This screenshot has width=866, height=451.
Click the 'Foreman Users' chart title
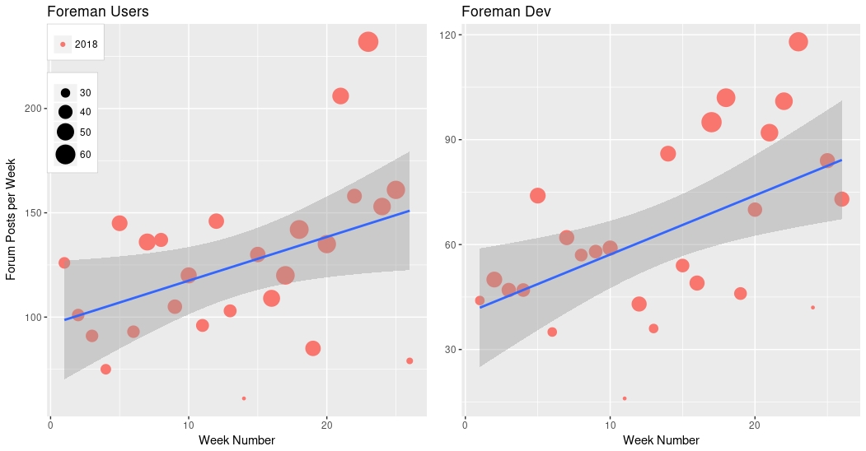(98, 12)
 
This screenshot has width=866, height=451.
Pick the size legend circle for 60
(65, 154)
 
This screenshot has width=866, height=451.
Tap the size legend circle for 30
(65, 93)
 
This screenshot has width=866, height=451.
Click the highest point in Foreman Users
(368, 42)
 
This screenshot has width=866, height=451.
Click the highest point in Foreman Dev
(798, 42)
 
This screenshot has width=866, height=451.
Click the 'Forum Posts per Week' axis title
(12, 219)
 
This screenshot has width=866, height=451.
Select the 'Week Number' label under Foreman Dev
(660, 440)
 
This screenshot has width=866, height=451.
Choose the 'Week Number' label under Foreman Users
(236, 440)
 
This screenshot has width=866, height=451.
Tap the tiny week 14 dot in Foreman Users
(244, 398)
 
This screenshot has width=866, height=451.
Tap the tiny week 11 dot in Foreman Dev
(625, 398)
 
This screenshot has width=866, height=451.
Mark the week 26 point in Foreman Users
(410, 360)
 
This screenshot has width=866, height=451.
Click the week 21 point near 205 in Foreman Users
(340, 96)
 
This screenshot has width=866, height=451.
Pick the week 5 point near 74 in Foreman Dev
(538, 196)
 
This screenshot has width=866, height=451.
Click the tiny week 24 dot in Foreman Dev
(812, 308)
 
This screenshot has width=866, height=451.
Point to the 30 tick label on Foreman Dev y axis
(451, 350)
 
